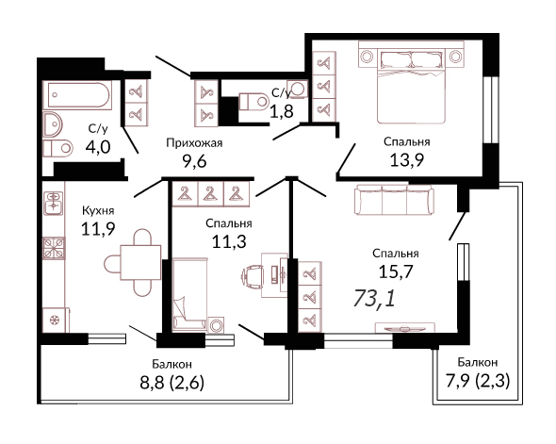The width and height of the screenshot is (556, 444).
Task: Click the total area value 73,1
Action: point(374,298)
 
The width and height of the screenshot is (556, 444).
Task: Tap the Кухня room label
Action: point(98,210)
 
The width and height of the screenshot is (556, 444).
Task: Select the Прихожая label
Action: point(194,143)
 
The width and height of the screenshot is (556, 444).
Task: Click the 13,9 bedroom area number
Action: point(407,160)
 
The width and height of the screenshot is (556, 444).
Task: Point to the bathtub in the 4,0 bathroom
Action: point(77,95)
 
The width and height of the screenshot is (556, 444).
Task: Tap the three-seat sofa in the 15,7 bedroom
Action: point(394,199)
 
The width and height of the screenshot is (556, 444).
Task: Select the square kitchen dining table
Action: point(140,262)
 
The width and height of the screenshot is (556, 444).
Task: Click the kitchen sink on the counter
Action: point(54,204)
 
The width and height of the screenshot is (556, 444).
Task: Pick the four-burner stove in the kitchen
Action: point(54,248)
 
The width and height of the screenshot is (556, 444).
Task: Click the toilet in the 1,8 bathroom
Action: point(254,102)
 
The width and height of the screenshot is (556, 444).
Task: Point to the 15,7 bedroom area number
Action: point(396,272)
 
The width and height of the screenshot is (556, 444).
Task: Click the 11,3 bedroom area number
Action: point(229,242)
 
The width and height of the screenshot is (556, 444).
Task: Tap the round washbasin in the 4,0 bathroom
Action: point(53,124)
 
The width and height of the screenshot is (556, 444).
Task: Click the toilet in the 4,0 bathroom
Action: point(57,148)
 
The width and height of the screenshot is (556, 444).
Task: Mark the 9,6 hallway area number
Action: point(194,162)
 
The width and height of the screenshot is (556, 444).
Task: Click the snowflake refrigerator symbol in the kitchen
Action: point(55,321)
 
